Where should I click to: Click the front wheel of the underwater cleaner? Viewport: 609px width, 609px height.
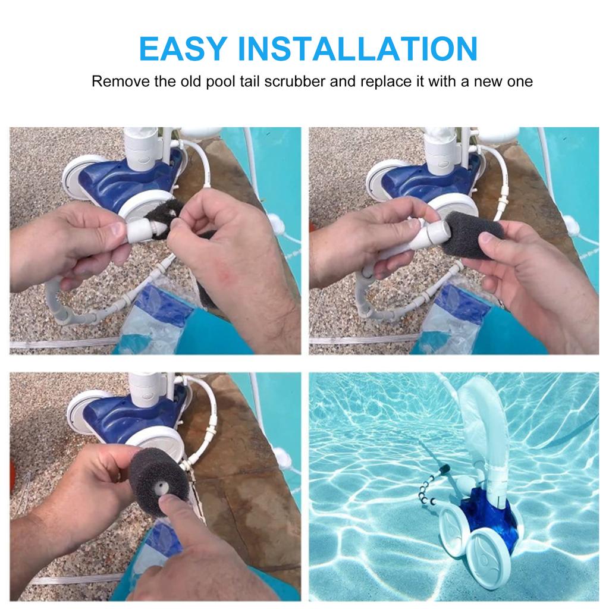click(x=488, y=560)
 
